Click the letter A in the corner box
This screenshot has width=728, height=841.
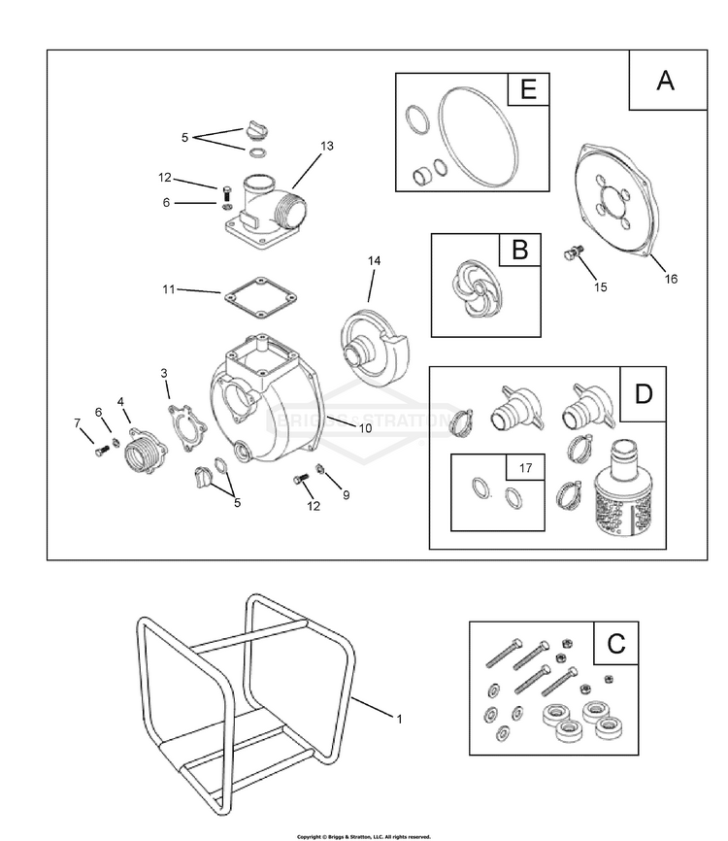tap(665, 81)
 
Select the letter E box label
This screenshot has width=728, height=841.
tap(528, 90)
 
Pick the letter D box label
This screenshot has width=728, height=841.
tap(643, 393)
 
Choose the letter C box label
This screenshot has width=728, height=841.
tap(615, 643)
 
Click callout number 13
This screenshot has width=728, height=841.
tap(326, 146)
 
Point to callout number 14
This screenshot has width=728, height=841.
tap(375, 261)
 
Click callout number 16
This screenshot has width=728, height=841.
tap(671, 279)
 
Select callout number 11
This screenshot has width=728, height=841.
tap(170, 288)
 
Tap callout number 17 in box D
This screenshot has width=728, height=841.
tap(526, 467)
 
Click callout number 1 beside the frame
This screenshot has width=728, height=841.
tap(398, 718)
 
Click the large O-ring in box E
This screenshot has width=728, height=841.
tap(476, 132)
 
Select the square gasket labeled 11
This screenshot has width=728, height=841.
tap(257, 298)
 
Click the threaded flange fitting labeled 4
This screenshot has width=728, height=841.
tap(144, 451)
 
